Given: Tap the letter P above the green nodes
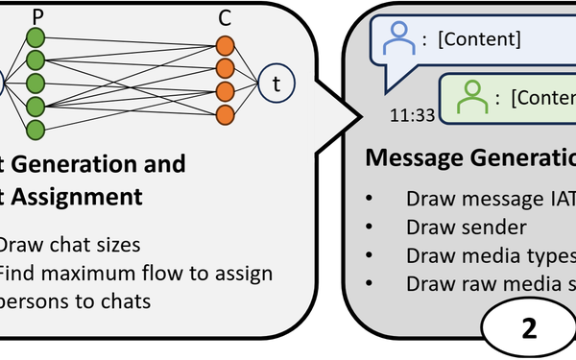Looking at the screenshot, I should [x=37, y=16].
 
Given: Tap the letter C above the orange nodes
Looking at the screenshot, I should [x=225, y=16].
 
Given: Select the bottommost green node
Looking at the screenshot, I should [x=36, y=128].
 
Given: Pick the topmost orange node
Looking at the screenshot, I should [x=225, y=45].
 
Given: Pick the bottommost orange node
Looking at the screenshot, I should [x=225, y=115].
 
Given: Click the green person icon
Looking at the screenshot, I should [x=469, y=96].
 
